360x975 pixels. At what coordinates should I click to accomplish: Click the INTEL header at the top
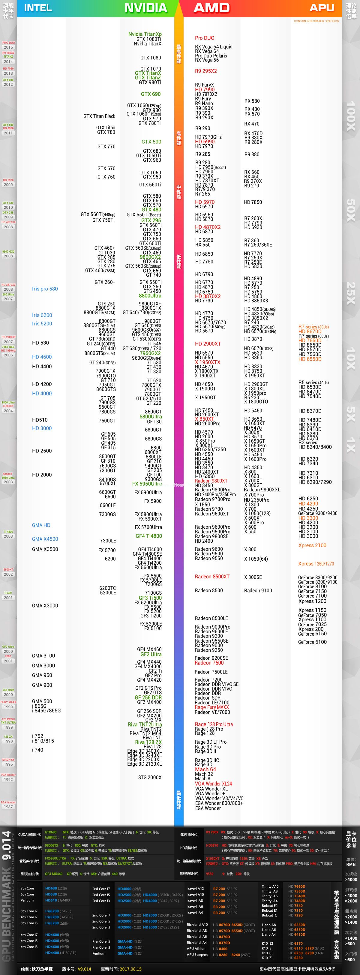click(x=38, y=8)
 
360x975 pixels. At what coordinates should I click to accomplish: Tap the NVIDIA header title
click(x=146, y=8)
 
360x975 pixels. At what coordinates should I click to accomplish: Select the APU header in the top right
click(x=322, y=7)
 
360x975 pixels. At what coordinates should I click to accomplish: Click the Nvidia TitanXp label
click(x=145, y=34)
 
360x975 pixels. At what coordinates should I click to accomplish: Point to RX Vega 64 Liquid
click(x=214, y=46)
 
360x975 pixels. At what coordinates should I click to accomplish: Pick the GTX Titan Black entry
click(x=99, y=116)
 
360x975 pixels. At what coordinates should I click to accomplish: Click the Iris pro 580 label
click(x=45, y=289)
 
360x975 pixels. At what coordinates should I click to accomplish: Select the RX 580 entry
click(x=252, y=101)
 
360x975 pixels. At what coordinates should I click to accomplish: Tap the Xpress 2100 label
click(x=312, y=545)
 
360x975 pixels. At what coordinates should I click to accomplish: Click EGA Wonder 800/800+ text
click(x=219, y=803)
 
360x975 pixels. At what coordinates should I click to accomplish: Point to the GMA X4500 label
click(x=45, y=539)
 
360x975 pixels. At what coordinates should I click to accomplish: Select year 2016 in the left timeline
click(x=8, y=47)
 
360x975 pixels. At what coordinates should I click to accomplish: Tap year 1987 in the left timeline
click(x=8, y=807)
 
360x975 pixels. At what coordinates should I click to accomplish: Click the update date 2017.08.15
click(x=130, y=969)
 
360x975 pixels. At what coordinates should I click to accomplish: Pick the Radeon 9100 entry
click(x=258, y=590)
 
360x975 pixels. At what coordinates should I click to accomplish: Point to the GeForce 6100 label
click(x=312, y=642)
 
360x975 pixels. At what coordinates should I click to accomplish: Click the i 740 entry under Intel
click(x=37, y=750)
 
